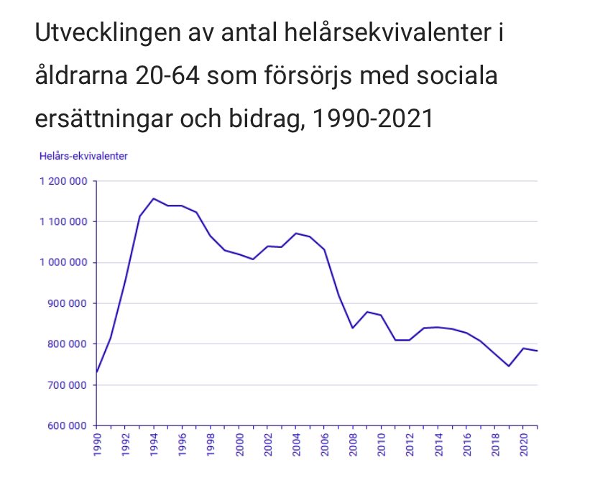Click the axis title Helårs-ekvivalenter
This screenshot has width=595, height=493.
(x=83, y=156)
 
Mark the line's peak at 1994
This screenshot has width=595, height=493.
(x=153, y=198)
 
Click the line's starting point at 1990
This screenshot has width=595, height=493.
(x=96, y=372)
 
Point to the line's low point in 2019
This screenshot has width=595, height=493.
(x=509, y=367)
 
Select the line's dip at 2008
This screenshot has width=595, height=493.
(x=352, y=328)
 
